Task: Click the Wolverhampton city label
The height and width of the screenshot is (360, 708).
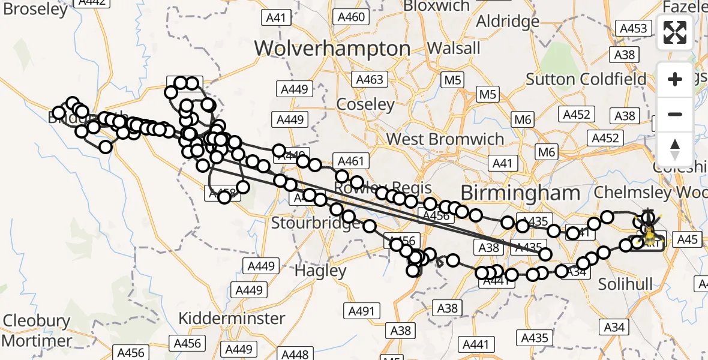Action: pos(332,48)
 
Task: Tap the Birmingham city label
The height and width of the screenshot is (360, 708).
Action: pos(520,193)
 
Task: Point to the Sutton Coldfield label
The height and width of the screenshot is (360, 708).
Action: pos(586,79)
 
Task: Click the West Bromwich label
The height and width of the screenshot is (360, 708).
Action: pos(445,139)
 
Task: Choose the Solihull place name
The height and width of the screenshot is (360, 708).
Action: pos(625,284)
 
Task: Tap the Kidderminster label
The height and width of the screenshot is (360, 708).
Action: pos(232,317)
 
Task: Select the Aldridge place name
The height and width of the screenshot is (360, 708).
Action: pos(508,22)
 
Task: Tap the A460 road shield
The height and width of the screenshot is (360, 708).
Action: pos(351,17)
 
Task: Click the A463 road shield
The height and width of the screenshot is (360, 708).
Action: pos(370,79)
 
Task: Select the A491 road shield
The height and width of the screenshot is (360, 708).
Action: pos(361,311)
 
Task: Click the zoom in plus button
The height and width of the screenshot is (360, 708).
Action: pos(675,79)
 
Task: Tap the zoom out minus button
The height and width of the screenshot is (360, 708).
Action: pos(675,114)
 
